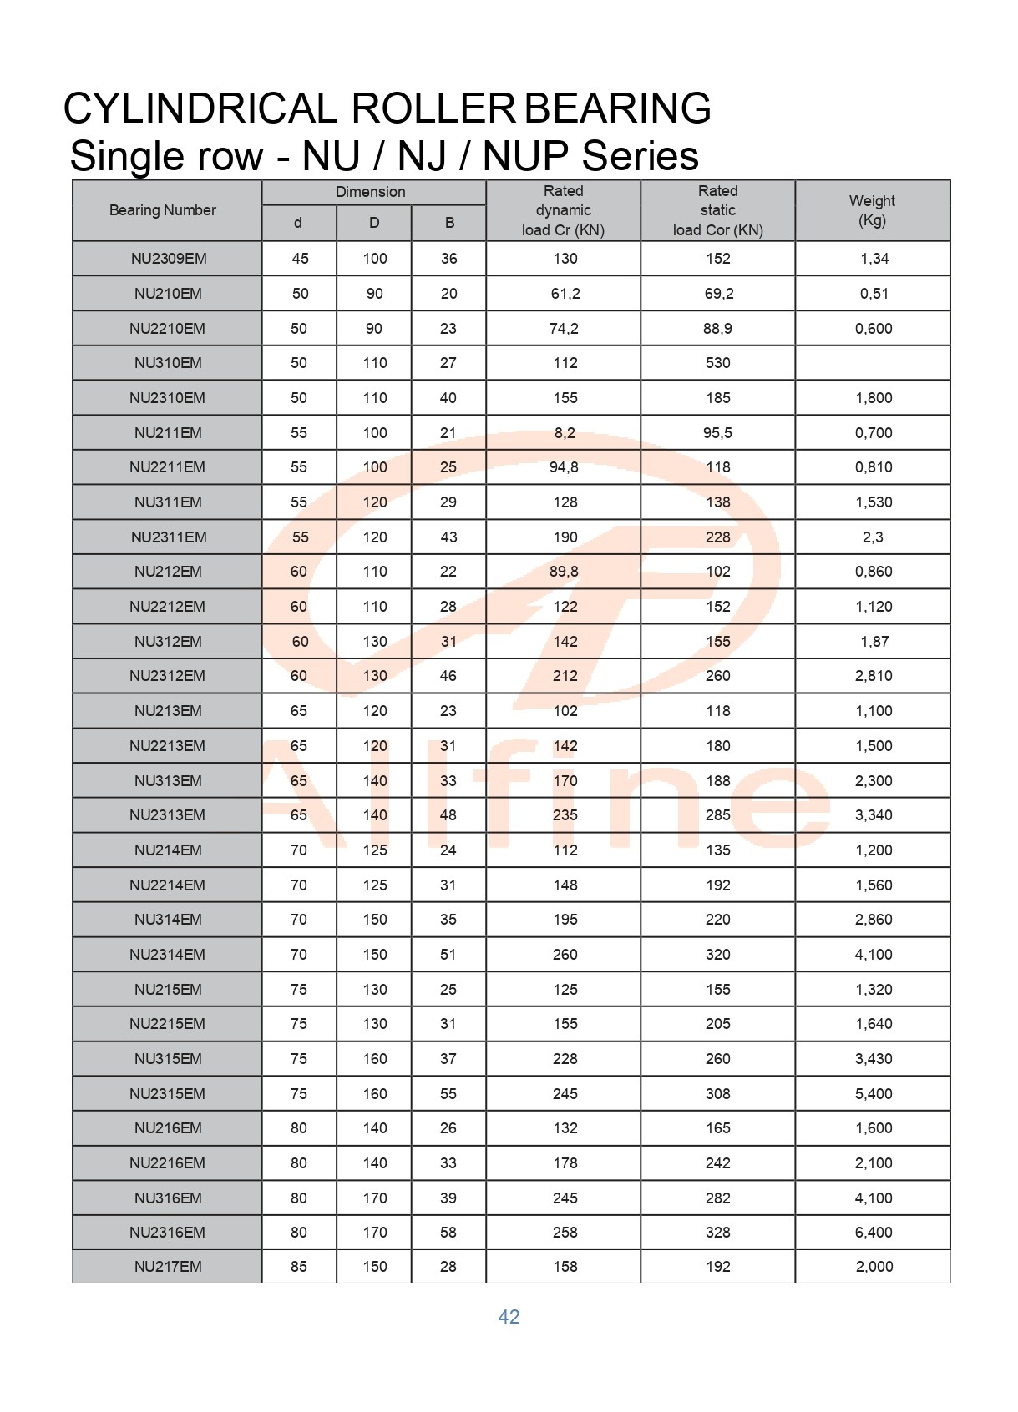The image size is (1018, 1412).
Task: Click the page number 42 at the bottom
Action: (x=509, y=1316)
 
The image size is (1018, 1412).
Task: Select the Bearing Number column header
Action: (x=163, y=210)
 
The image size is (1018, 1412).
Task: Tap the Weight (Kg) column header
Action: (x=872, y=210)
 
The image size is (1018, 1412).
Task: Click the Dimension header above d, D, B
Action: (x=370, y=192)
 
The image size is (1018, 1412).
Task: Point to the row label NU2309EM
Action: (x=169, y=259)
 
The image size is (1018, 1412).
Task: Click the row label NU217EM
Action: (x=168, y=1266)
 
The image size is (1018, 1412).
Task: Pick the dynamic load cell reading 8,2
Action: (x=565, y=432)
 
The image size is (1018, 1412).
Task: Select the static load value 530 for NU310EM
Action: (x=717, y=363)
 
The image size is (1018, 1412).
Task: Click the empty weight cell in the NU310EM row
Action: (x=872, y=363)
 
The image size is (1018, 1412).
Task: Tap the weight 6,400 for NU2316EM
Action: (x=874, y=1232)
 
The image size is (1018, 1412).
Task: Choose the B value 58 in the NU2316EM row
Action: (x=448, y=1232)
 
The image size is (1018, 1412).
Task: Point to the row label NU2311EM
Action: (x=169, y=537)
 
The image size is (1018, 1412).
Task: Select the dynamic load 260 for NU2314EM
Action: (x=565, y=954)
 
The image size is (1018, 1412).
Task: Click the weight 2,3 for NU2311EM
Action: (x=873, y=537)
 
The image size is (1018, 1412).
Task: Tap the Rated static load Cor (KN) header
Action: (x=717, y=210)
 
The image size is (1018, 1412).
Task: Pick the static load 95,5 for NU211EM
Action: (x=717, y=432)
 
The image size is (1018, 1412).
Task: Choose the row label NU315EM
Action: (x=168, y=1058)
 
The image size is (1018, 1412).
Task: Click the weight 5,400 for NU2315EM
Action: (x=874, y=1093)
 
